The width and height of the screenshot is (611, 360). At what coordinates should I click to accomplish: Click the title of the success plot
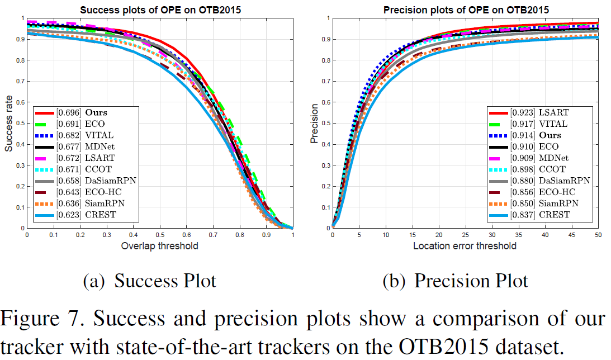[x=159, y=10]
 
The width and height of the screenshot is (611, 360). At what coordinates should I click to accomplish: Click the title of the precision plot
[x=465, y=10]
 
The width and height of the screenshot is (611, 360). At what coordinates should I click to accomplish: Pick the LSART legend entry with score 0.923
[x=537, y=112]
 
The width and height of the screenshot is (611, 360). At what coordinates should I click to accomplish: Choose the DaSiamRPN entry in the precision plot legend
[x=547, y=181]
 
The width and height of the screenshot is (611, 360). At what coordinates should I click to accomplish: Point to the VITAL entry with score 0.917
[x=537, y=124]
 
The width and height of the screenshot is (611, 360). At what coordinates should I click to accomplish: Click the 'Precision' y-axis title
[x=315, y=124]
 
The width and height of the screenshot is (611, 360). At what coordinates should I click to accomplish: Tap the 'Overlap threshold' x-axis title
[x=159, y=246]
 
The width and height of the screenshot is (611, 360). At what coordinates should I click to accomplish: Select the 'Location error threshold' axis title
[x=465, y=246]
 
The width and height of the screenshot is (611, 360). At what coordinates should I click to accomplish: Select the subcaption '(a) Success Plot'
[x=149, y=281]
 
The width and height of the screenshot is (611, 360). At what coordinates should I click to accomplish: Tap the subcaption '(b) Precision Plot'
[x=455, y=281]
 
